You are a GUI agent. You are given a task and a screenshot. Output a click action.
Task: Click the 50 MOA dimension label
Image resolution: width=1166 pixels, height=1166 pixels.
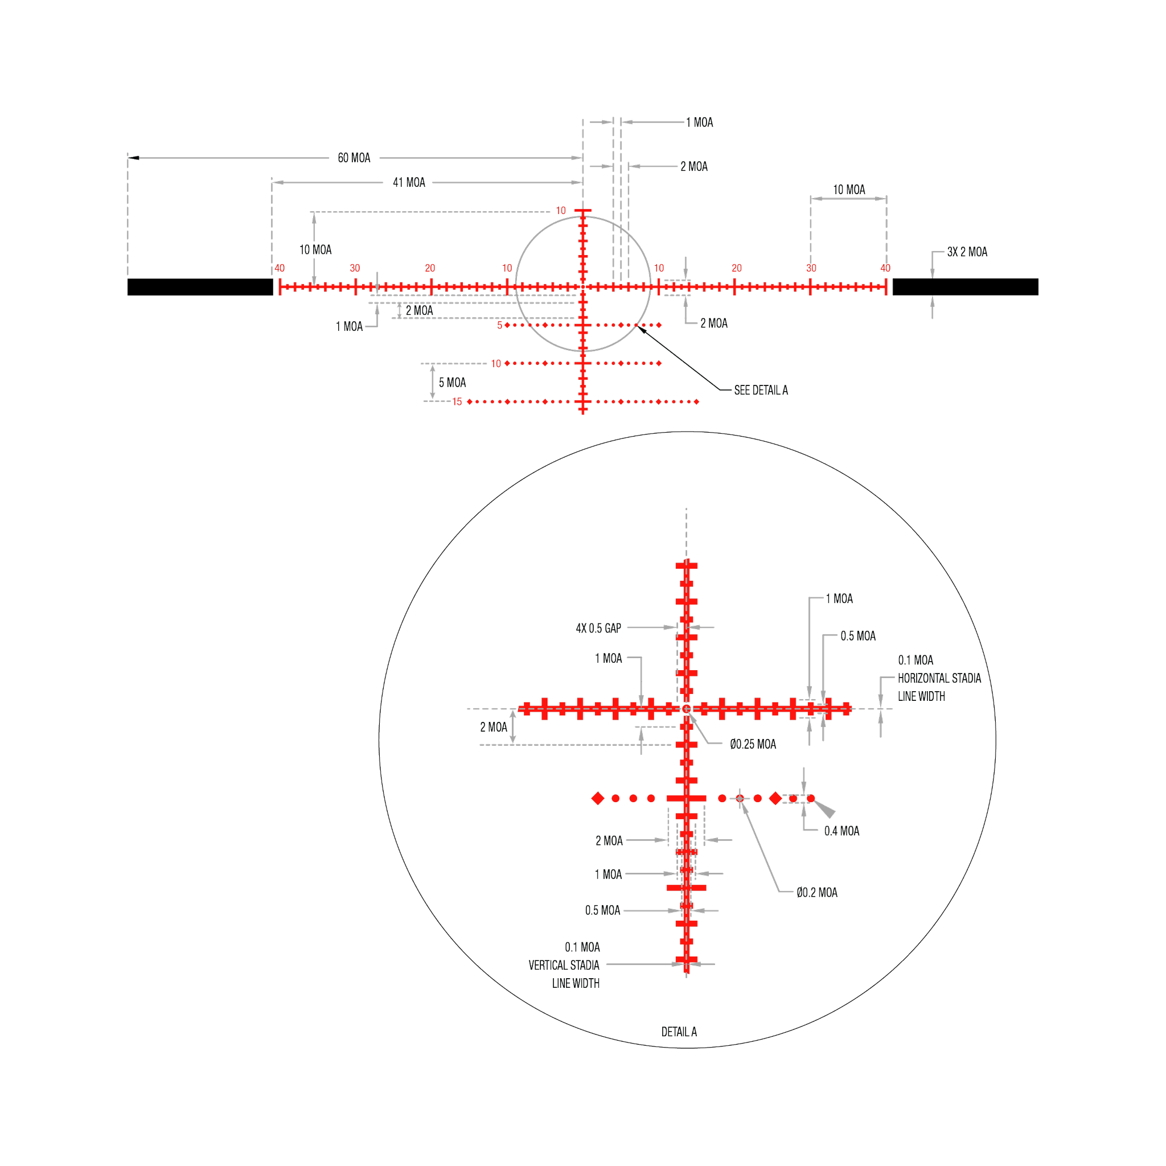click(354, 158)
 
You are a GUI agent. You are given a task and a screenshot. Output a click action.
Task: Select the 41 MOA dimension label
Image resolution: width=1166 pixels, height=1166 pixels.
click(409, 182)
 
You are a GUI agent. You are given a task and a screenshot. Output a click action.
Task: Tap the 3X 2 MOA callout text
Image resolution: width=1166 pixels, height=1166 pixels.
click(967, 252)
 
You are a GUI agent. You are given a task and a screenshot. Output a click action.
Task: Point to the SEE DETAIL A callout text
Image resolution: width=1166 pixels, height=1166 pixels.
click(761, 391)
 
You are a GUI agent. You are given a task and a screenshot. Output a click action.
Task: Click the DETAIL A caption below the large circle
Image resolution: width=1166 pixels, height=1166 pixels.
click(680, 1032)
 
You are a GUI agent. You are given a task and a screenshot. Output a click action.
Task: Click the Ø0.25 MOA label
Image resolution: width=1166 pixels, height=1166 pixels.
click(753, 744)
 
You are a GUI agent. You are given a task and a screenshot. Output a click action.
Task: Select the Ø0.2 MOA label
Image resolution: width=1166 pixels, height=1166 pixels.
click(816, 892)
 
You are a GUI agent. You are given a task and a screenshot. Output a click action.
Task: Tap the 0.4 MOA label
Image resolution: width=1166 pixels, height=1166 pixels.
click(841, 831)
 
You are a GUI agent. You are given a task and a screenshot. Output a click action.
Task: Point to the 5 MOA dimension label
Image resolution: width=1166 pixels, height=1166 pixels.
click(452, 383)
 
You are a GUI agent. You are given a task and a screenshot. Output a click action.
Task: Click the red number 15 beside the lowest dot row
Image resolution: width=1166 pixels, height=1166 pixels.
click(457, 402)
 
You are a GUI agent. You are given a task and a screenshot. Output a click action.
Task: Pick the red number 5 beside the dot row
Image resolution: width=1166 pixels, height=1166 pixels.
click(499, 325)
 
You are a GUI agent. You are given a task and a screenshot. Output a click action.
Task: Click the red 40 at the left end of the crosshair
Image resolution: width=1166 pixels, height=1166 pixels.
click(280, 268)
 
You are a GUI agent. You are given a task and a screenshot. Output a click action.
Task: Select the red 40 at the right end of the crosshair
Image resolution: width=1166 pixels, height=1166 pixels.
click(885, 268)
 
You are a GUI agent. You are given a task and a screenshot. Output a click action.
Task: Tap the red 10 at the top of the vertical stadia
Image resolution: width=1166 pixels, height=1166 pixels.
click(561, 211)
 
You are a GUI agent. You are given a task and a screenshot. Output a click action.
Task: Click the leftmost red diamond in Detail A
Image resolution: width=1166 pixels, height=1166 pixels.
click(597, 798)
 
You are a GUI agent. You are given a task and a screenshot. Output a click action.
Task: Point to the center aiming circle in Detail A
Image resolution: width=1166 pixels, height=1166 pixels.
click(686, 708)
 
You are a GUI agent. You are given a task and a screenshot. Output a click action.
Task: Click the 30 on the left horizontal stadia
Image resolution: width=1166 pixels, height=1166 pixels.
click(355, 268)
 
